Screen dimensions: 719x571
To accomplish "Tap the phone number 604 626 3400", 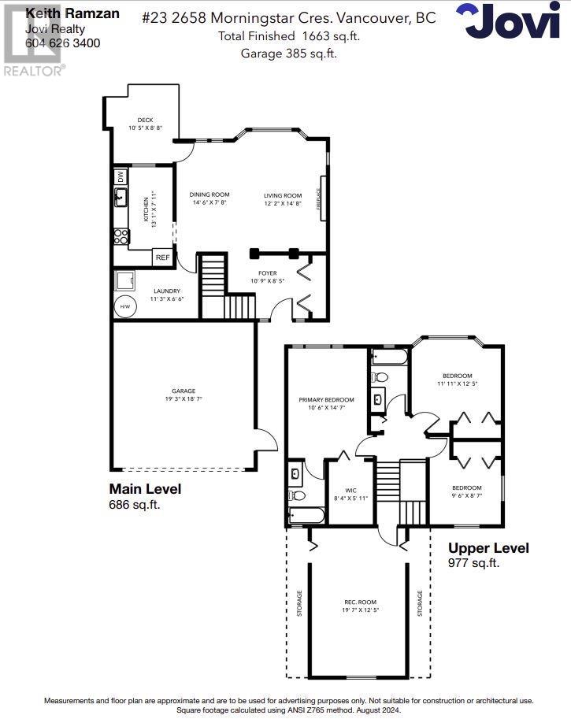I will click(x=63, y=43).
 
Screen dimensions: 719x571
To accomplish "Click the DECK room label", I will click(x=145, y=120).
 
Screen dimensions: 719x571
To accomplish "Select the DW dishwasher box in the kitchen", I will click(x=121, y=176).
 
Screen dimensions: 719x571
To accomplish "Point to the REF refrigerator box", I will click(x=162, y=258).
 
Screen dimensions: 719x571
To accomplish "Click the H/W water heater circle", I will click(x=124, y=306).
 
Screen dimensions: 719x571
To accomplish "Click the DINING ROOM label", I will click(x=209, y=195).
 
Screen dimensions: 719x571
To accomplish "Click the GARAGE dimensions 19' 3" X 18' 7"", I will click(x=184, y=398).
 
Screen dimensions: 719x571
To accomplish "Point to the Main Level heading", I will click(x=145, y=489).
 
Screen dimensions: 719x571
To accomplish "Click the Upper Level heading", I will click(x=488, y=548).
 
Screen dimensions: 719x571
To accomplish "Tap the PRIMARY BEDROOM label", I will click(x=326, y=400).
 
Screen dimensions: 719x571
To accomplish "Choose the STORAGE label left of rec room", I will click(x=299, y=603).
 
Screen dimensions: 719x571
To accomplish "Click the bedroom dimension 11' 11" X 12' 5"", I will click(x=457, y=384).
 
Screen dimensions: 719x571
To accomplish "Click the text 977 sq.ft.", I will click(x=473, y=563).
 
